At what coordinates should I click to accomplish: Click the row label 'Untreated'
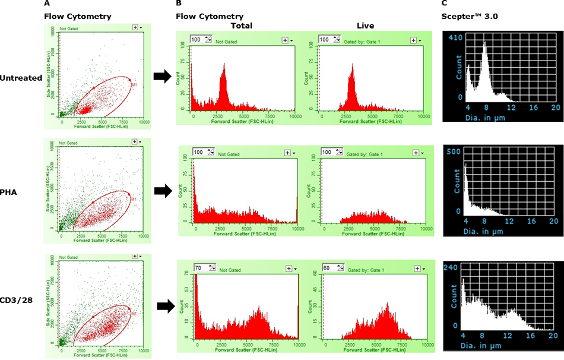[21, 78]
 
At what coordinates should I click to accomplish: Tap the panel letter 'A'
[46, 4]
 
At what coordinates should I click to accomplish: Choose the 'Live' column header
[363, 26]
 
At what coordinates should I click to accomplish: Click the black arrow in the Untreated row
[161, 76]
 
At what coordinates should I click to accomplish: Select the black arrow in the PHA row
[161, 191]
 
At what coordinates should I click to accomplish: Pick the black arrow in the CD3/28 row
[161, 307]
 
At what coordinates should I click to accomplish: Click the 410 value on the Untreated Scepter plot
[455, 37]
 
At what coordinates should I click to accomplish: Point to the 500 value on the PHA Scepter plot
[455, 151]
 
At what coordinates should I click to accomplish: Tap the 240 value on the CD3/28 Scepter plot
[455, 267]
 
